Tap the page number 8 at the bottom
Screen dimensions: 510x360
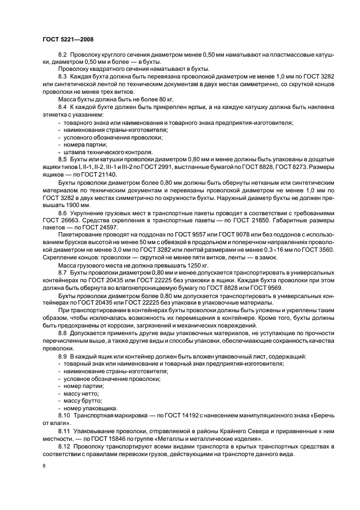(x=44, y=467)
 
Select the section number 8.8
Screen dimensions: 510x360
(x=63, y=331)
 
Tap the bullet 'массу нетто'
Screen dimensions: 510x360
(x=81, y=393)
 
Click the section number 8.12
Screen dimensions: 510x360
(x=64, y=446)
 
